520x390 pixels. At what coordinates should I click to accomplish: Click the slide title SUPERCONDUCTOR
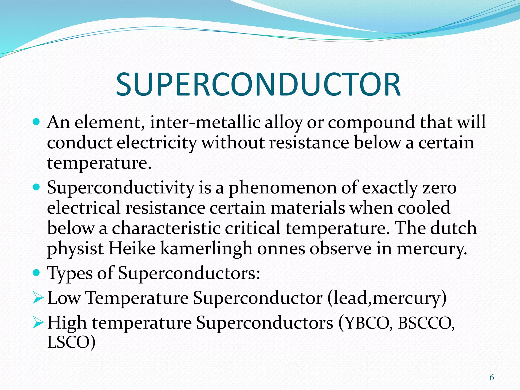pos(258,85)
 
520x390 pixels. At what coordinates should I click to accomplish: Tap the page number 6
pos(492,378)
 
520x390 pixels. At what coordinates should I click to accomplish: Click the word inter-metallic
pos(205,122)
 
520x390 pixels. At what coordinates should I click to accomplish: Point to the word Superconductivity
pos(121,188)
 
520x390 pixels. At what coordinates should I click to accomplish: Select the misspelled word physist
pos(75,249)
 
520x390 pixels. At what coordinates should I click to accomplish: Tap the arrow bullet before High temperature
pos(38,323)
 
